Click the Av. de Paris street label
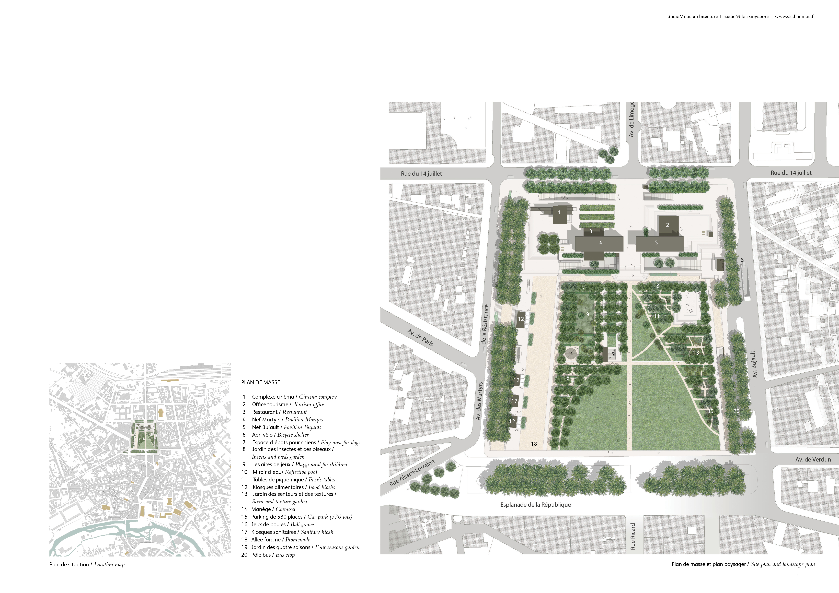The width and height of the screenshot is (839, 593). (x=420, y=337)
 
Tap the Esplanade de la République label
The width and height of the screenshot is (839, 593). (x=535, y=505)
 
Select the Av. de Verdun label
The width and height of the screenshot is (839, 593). (x=813, y=459)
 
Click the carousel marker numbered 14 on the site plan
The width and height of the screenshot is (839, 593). (x=570, y=353)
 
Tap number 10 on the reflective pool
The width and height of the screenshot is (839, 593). (x=689, y=311)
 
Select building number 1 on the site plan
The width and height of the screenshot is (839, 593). (x=559, y=212)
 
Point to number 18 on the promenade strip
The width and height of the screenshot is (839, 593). (x=534, y=444)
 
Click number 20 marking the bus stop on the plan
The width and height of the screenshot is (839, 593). (x=736, y=411)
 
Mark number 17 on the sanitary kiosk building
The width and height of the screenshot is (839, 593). (x=514, y=401)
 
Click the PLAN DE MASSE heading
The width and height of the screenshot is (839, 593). (x=261, y=382)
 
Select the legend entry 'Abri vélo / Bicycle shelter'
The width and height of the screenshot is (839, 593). (x=280, y=435)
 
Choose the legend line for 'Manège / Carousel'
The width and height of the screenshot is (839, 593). (x=273, y=509)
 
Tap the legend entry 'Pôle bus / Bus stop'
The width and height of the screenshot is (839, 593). (x=273, y=555)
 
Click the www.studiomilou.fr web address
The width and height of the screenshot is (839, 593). (x=795, y=16)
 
